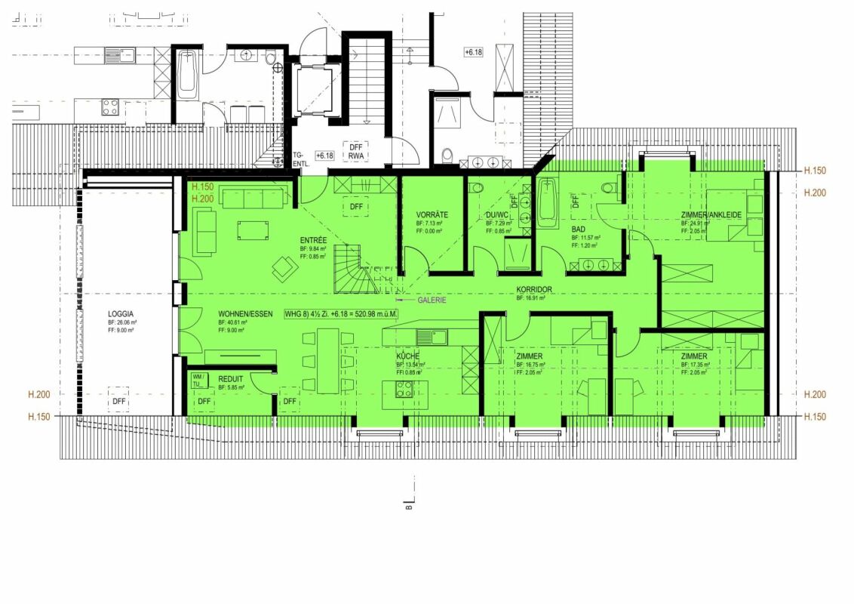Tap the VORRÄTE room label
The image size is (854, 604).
(432, 214)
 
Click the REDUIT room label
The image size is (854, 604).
(231, 378)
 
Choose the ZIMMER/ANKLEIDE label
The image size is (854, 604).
(711, 214)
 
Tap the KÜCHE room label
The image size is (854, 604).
(408, 356)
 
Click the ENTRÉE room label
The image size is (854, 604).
(313, 240)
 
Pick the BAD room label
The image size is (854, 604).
(579, 229)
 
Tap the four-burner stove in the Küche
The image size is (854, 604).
(404, 390)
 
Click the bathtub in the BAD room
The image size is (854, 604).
(547, 202)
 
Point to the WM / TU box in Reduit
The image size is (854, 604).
(198, 379)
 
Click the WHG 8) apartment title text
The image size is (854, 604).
(340, 313)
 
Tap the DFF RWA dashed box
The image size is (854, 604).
(356, 152)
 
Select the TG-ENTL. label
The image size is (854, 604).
(302, 158)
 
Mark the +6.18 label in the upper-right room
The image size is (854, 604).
(473, 51)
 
